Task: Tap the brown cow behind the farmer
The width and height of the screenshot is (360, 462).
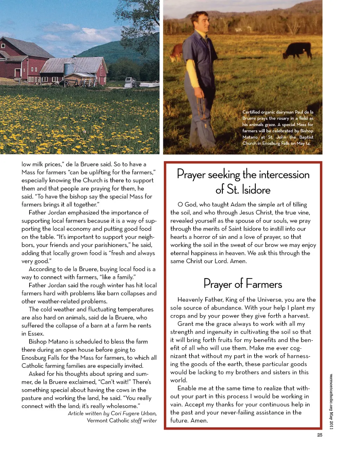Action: tap(177, 52)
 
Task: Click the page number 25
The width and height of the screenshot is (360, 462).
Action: tap(320, 435)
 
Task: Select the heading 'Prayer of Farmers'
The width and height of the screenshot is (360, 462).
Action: tap(243, 284)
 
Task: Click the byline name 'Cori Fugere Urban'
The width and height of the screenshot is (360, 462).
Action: tap(134, 413)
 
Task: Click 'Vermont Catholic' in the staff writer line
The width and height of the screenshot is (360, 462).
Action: tap(108, 421)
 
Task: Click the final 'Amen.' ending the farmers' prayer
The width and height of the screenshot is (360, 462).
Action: tap(199, 421)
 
